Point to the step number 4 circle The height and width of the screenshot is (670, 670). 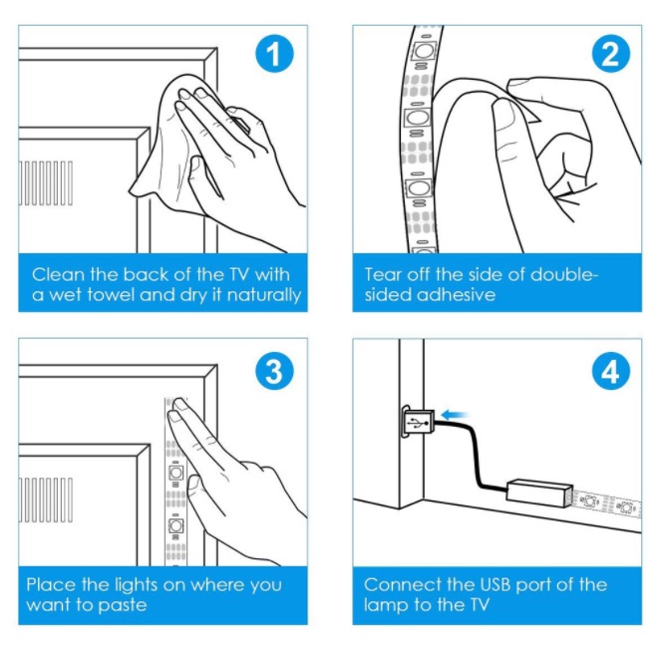[x=610, y=371]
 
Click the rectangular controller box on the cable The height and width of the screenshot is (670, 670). [x=537, y=493]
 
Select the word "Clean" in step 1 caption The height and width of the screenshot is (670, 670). [x=56, y=273]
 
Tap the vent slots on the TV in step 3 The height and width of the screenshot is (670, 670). [x=46, y=499]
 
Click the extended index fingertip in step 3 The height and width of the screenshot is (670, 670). [x=180, y=406]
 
